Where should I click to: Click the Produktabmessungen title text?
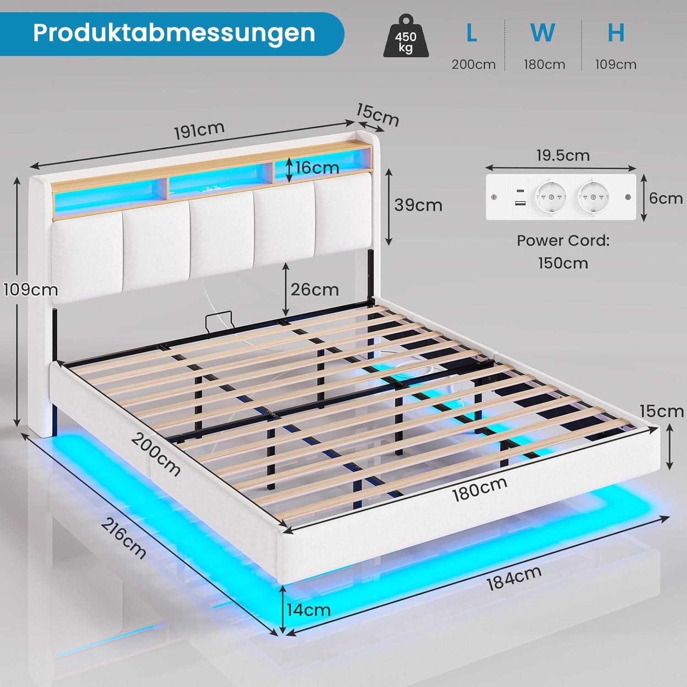(x=174, y=33)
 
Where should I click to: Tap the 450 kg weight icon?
(x=406, y=38)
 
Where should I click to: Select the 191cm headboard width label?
(x=199, y=131)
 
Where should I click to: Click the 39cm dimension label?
(x=418, y=205)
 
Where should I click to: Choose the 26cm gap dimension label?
(x=315, y=289)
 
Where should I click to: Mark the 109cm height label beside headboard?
(x=31, y=290)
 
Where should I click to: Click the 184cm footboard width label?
(x=513, y=578)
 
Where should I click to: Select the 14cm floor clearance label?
(x=309, y=610)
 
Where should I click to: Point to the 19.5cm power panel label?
(x=563, y=156)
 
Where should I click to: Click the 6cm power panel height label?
(x=665, y=198)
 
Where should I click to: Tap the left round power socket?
(x=551, y=197)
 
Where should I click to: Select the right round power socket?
(x=594, y=197)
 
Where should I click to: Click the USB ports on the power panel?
(x=520, y=197)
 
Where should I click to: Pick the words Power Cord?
(x=563, y=240)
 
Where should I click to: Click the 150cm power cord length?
(x=563, y=263)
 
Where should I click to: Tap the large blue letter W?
(x=543, y=33)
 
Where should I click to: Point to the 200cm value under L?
(x=474, y=65)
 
